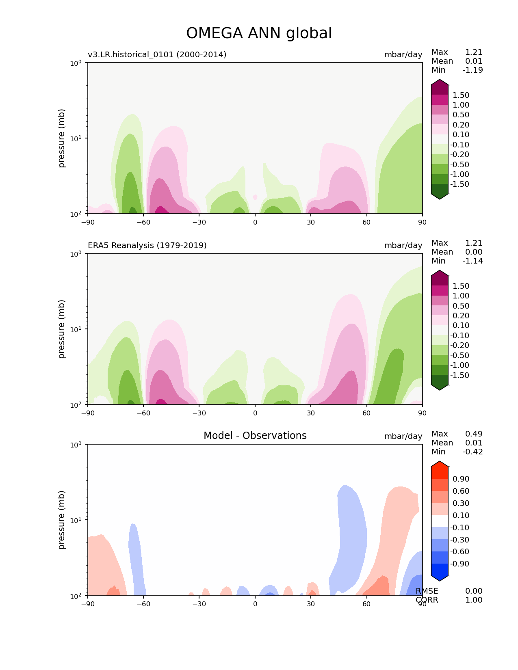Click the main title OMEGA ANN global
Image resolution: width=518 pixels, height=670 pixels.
[259, 33]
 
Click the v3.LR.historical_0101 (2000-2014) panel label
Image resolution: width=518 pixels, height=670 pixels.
[157, 54]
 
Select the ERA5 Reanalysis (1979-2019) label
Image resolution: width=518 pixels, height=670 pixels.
[147, 245]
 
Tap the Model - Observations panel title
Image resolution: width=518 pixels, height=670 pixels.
[255, 436]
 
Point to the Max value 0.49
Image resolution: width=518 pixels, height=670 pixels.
[474, 434]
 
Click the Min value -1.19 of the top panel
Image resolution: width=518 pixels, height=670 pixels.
[472, 70]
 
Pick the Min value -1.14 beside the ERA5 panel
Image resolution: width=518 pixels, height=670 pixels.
[472, 261]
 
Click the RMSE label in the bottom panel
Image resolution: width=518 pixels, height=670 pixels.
[427, 591]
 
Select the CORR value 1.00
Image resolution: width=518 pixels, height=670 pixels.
[474, 600]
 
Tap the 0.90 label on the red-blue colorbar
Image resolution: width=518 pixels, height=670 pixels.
[461, 479]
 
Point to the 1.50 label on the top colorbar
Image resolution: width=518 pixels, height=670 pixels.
[461, 95]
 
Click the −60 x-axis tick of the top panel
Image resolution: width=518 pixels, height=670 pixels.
[143, 222]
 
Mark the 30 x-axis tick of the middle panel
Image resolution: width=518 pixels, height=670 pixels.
[311, 413]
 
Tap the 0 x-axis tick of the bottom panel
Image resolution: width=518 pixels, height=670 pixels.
[255, 604]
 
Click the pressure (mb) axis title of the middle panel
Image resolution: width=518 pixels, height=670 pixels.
[62, 329]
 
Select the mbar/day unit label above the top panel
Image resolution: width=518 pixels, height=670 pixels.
[403, 54]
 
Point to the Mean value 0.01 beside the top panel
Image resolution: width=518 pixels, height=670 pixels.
[474, 61]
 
